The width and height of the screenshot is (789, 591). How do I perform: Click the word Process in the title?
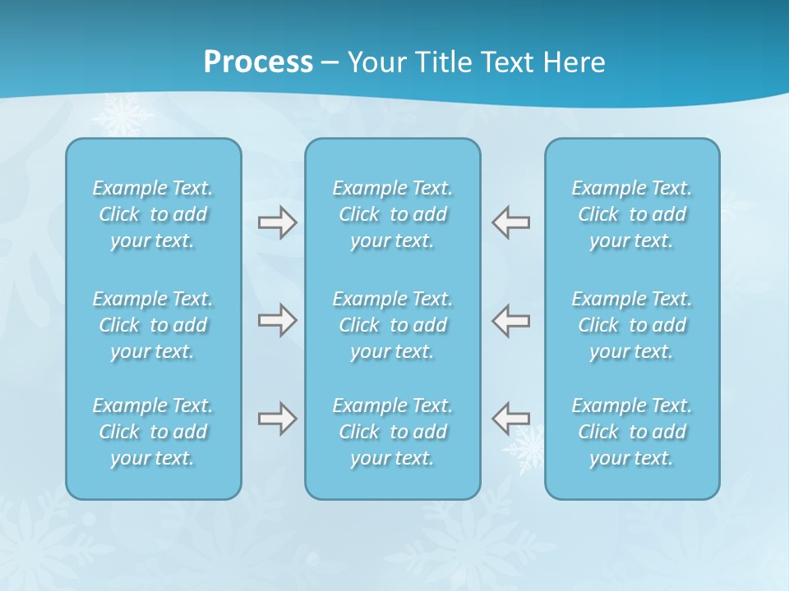tap(258, 62)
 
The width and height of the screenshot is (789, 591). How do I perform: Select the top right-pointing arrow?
tap(278, 222)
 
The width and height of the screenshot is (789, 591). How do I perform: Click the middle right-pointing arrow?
tap(278, 319)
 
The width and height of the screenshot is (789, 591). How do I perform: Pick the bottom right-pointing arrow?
tap(278, 419)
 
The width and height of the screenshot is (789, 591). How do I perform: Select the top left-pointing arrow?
tap(510, 222)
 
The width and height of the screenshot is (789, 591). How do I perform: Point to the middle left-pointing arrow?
tap(510, 319)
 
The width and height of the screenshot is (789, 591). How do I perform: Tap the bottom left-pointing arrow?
tap(510, 419)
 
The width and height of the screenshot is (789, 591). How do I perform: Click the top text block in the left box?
tap(153, 214)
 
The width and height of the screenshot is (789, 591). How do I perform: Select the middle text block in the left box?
tap(153, 325)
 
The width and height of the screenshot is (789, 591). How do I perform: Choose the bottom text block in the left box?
tap(153, 432)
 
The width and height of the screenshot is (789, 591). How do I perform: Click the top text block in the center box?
tap(392, 214)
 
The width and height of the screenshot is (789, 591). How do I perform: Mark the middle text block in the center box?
tap(392, 325)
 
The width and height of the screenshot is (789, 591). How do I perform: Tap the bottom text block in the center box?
tap(392, 432)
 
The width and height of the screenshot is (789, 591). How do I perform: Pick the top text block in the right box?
tap(631, 214)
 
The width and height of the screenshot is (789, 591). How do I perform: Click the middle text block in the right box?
tap(631, 325)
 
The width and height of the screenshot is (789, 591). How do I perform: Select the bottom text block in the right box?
tap(631, 432)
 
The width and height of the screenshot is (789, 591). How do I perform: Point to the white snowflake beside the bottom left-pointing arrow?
tap(530, 448)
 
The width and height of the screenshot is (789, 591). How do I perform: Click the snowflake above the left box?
tap(122, 115)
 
